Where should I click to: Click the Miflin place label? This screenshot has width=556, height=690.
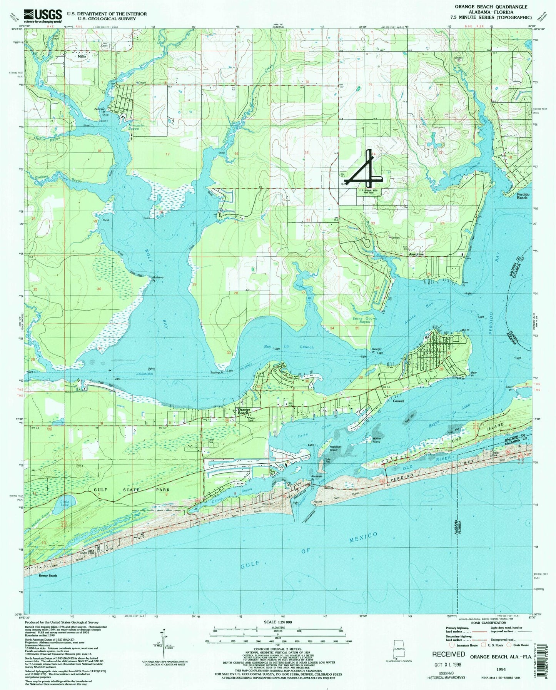click(82, 56)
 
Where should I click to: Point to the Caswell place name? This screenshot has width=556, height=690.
click(398, 401)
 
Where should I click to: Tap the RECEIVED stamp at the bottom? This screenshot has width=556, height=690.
click(448, 654)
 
